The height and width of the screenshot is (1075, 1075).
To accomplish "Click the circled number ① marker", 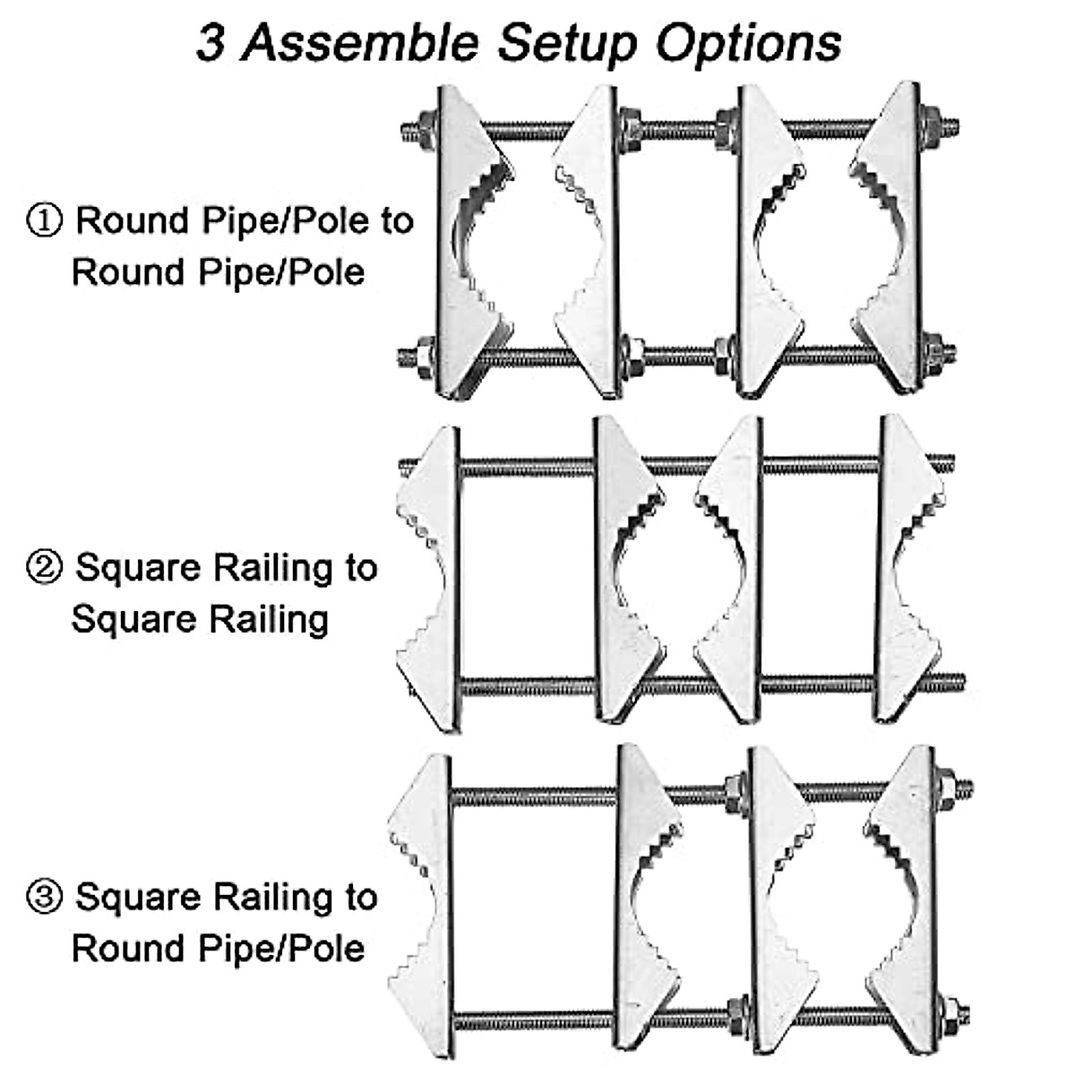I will (x=44, y=219).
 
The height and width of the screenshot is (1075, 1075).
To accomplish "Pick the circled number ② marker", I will (x=44, y=568).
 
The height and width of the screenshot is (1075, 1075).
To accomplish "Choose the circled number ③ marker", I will (x=44, y=897).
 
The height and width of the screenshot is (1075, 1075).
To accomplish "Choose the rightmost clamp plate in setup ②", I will (x=905, y=569).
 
